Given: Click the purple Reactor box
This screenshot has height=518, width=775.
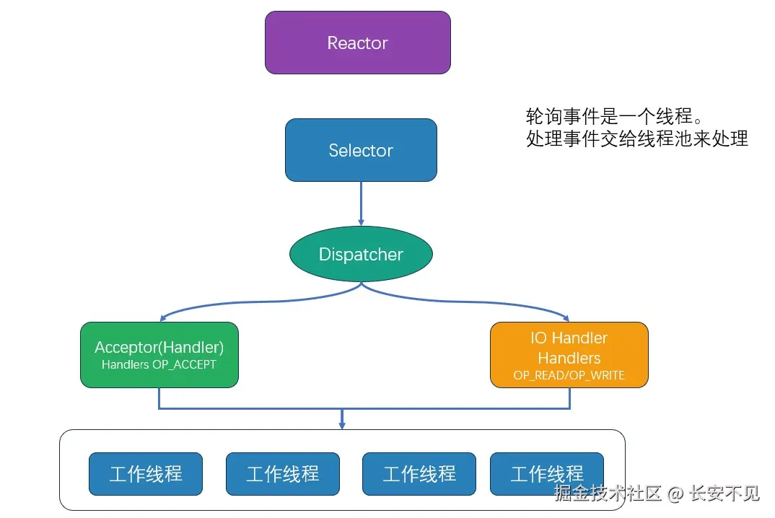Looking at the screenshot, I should pyautogui.click(x=357, y=43).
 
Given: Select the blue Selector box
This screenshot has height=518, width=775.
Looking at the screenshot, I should pyautogui.click(x=361, y=150).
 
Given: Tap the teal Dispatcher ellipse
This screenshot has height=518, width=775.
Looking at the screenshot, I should pyautogui.click(x=361, y=254).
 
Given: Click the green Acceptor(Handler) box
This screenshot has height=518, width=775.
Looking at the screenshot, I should pyautogui.click(x=159, y=354).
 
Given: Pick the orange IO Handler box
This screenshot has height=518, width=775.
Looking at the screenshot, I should pyautogui.click(x=569, y=354).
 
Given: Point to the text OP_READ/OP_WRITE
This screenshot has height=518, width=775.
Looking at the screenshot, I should pyautogui.click(x=569, y=375).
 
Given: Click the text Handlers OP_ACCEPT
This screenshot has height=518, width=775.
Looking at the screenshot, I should pyautogui.click(x=159, y=365).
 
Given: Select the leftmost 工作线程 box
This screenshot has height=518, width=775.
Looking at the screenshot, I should pyautogui.click(x=146, y=474).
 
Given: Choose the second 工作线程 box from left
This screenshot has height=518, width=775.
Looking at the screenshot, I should pyautogui.click(x=282, y=474).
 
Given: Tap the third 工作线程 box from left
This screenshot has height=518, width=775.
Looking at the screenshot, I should pyautogui.click(x=419, y=474).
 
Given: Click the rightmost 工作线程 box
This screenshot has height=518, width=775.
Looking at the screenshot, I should pyautogui.click(x=546, y=474).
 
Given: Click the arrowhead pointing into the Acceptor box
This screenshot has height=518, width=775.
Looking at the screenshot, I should pyautogui.click(x=163, y=317).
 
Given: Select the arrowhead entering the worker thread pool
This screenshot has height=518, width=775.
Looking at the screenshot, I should pyautogui.click(x=342, y=425).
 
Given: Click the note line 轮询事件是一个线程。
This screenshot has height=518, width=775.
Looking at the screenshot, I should pyautogui.click(x=614, y=116).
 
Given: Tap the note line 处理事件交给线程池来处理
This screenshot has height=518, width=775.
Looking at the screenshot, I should pyautogui.click(x=637, y=139).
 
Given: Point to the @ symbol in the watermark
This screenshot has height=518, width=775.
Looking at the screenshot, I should pyautogui.click(x=675, y=494).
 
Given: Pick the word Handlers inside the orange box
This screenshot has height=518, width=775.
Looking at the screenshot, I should pyautogui.click(x=569, y=358).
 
